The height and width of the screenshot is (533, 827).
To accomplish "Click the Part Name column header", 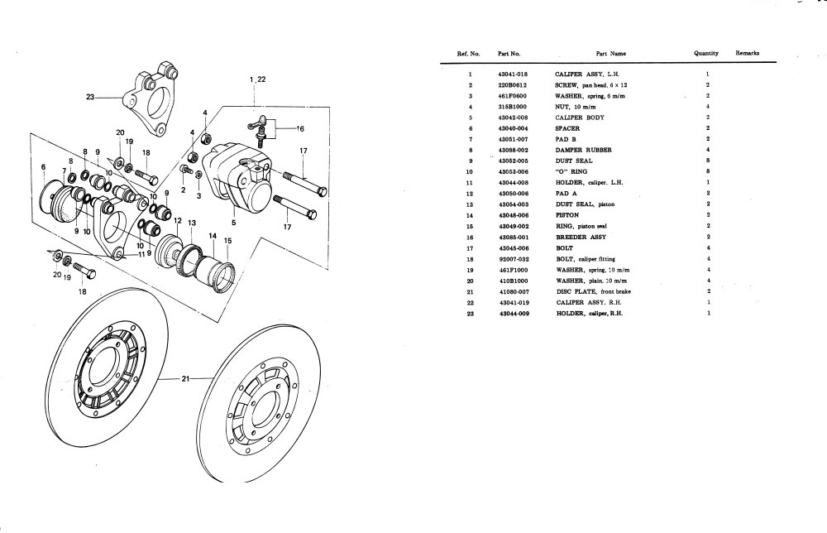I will click(x=611, y=54).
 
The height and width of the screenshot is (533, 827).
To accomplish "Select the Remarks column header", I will click(x=747, y=53).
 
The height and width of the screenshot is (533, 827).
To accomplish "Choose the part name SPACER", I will click(x=566, y=128).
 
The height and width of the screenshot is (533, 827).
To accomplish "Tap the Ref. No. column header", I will click(x=468, y=54).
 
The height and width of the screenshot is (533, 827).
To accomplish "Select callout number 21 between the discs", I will click(x=185, y=379).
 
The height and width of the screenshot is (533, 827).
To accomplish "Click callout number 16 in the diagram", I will click(x=300, y=129).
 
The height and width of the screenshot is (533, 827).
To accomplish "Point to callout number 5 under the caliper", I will click(x=234, y=222).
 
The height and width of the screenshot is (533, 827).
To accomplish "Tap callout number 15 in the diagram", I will click(x=227, y=241).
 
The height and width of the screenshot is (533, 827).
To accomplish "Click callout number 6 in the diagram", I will click(x=43, y=167).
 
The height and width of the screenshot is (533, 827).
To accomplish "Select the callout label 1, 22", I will click(x=257, y=79).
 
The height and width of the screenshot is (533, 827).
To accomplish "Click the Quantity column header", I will click(x=706, y=53).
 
